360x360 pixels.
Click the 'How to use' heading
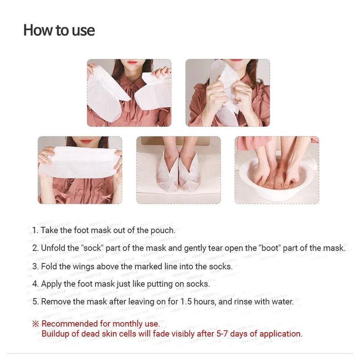pos(59,31)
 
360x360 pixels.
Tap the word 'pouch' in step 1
pos(163,230)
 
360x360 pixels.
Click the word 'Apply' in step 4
pos(52,284)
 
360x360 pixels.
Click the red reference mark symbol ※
pos(36,324)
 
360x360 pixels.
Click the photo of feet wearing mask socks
pos(179,170)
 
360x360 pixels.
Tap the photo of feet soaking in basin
pos(277,170)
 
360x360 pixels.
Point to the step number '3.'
pos(36,266)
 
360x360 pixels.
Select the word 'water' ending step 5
pos(283,302)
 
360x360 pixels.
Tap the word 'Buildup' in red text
pos(56,334)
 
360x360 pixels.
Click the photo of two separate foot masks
pos(129,93)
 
